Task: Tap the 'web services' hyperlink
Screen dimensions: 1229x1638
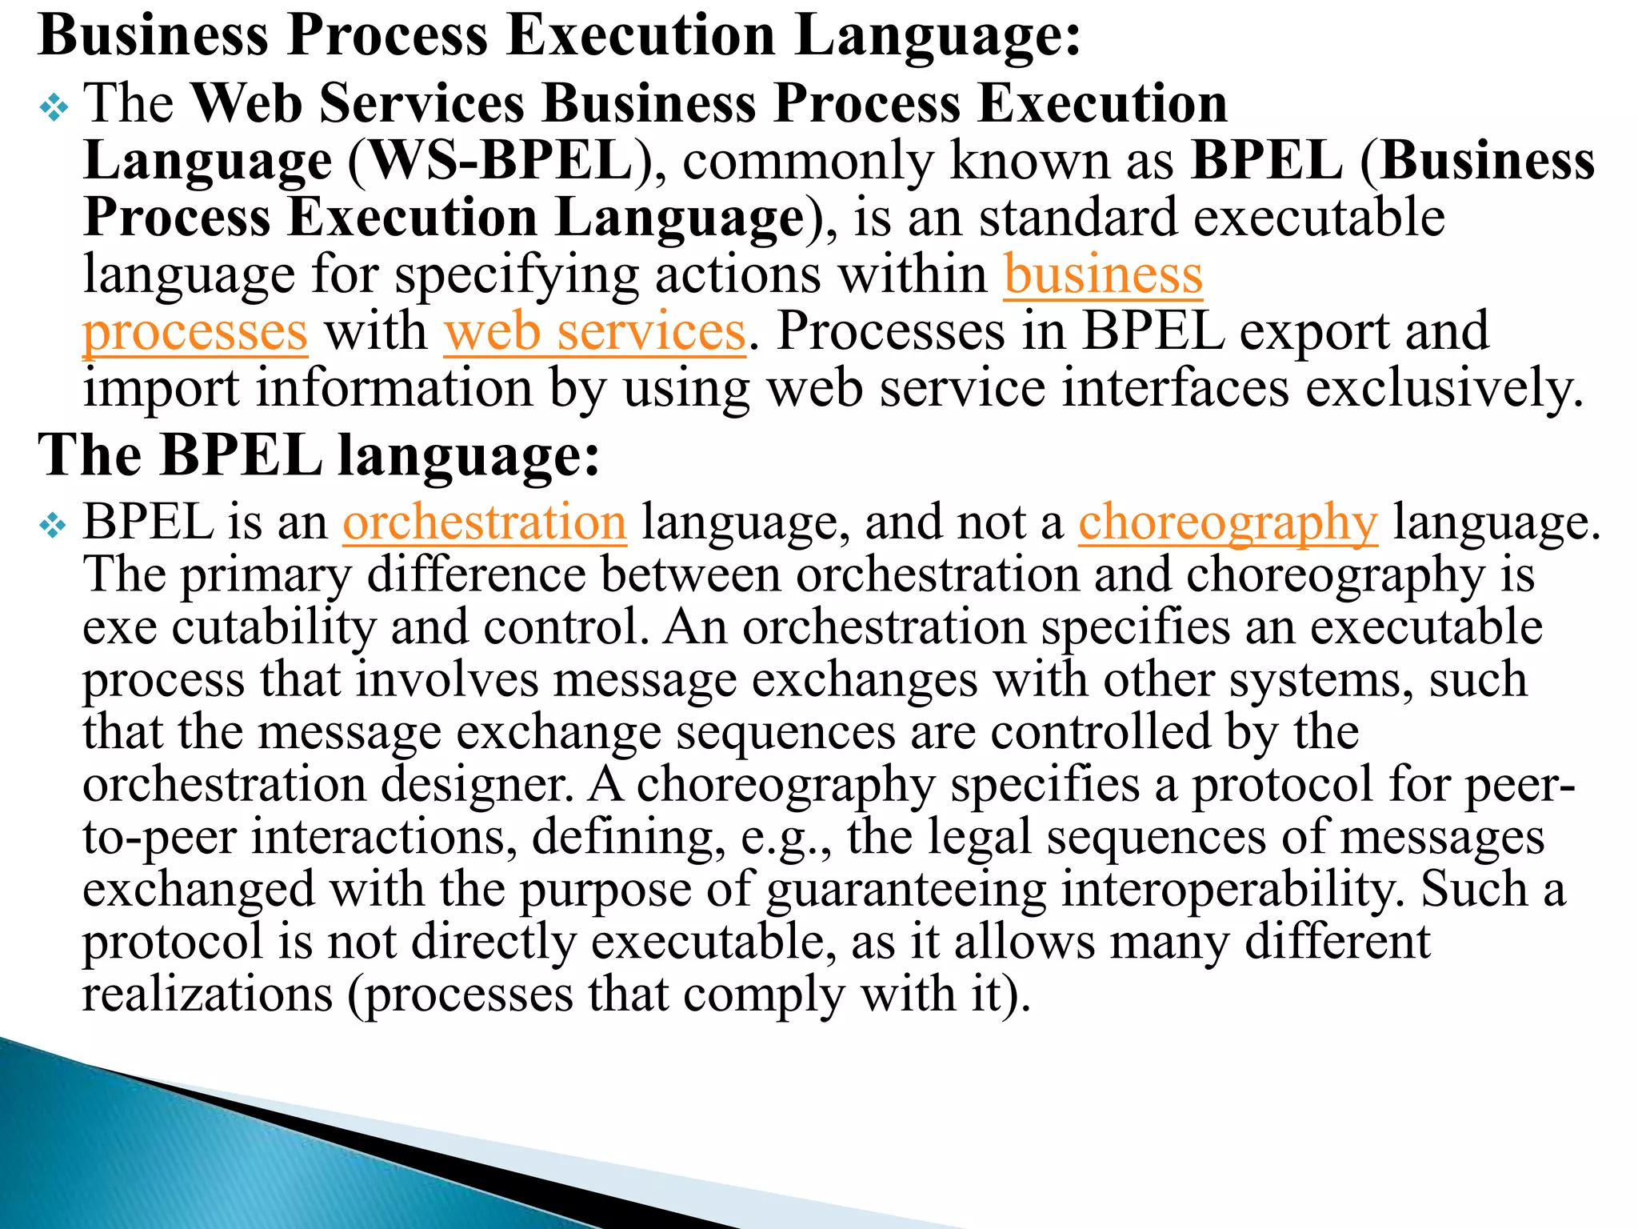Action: coord(595,331)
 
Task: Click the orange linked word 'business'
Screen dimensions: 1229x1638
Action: coord(1103,274)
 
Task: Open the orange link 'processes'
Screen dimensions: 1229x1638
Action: coord(195,331)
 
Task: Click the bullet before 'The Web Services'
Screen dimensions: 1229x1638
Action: coord(54,106)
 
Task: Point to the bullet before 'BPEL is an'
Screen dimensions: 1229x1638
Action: coord(54,526)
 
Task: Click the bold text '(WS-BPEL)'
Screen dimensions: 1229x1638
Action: coord(501,161)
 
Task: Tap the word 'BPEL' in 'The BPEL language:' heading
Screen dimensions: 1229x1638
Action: coord(241,456)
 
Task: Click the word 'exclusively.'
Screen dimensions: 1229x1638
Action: coord(1444,389)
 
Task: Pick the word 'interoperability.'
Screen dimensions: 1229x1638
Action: coord(1232,890)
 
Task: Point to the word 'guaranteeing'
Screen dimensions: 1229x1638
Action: coord(906,890)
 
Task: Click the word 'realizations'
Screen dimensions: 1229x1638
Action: coord(208,995)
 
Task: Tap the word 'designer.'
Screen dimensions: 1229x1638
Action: coord(477,785)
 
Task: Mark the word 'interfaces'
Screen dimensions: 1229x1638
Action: coord(1175,389)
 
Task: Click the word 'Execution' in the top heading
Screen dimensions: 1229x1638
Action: coord(641,36)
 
